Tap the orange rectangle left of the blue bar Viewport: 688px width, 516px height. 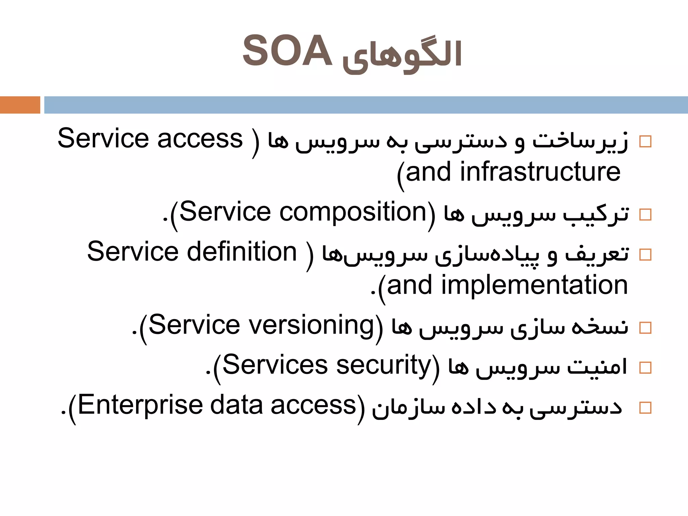pyautogui.click(x=20, y=105)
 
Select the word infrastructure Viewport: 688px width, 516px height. pyautogui.click(x=540, y=172)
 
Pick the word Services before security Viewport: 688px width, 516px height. pyautogui.click(x=274, y=365)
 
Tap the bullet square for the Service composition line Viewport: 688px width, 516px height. pyautogui.click(x=645, y=215)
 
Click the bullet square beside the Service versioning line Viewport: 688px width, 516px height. pyautogui.click(x=645, y=328)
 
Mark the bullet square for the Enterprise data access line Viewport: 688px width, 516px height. pyautogui.click(x=645, y=408)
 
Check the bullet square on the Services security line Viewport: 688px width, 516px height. pyautogui.click(x=645, y=368)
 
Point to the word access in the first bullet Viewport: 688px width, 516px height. pyautogui.click(x=200, y=139)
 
